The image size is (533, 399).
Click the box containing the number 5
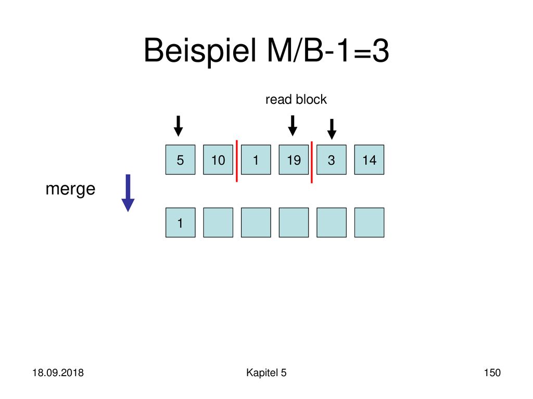pos(180,160)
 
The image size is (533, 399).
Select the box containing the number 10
pos(218,160)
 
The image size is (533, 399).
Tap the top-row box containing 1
pos(256,160)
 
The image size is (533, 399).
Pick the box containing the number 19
pos(294,160)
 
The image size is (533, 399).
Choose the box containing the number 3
pos(332,160)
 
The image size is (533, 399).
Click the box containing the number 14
pos(369,160)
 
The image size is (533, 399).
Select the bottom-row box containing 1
pos(180,222)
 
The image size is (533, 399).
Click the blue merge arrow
pos(128,193)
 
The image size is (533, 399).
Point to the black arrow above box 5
pos(178,126)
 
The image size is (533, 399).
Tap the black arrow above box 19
pos(293,126)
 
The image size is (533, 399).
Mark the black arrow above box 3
pos(332,129)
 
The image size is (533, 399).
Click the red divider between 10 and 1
pos(237,161)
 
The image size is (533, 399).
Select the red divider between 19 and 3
pos(312,162)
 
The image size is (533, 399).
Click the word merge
pos(70,189)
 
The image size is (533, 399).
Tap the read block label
pos(296,99)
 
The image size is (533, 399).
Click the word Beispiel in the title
pos(200,51)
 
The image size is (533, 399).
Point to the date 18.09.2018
pos(58,373)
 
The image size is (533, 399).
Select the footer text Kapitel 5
pos(266,373)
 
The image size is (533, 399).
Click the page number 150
pos(492,373)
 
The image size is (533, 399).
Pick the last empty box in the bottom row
pos(369,222)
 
